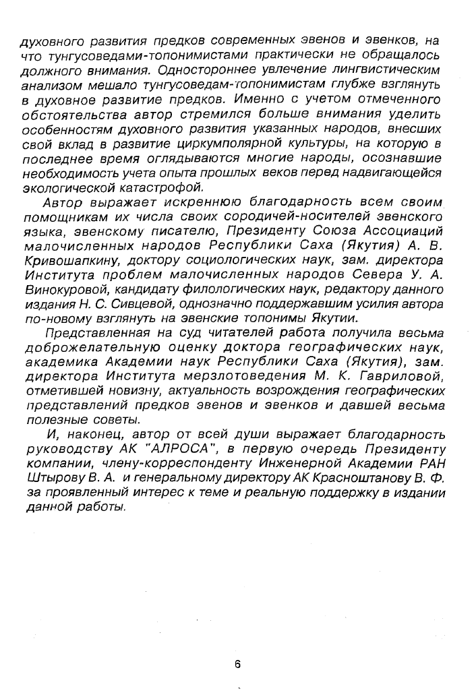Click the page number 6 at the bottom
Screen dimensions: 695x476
click(x=237, y=663)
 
